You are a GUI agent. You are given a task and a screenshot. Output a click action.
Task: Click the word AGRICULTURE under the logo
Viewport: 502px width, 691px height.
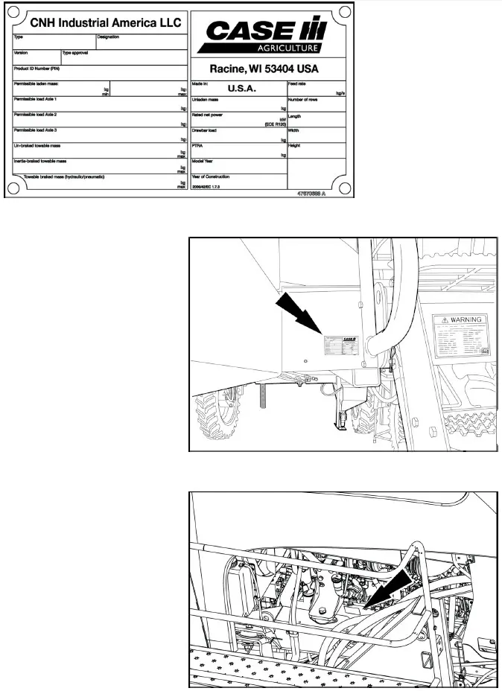(289, 48)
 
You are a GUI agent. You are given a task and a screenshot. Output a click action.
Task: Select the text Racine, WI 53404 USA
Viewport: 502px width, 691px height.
(264, 69)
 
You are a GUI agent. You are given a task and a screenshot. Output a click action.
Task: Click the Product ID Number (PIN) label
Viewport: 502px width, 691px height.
(36, 69)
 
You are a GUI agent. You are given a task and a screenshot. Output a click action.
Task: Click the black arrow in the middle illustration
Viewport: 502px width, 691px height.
(297, 315)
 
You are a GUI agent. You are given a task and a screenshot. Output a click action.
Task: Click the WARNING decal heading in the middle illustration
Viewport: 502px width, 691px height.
(464, 319)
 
